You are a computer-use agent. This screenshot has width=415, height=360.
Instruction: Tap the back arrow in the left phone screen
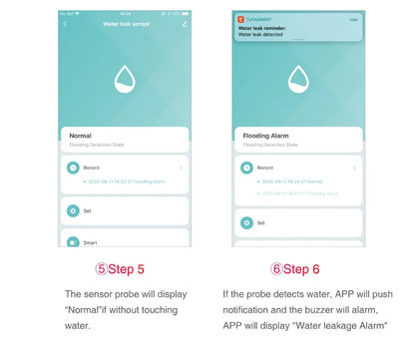point(66,22)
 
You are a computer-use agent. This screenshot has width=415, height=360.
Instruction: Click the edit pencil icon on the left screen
point(186,22)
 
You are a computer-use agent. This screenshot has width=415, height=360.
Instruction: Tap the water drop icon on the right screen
point(295,79)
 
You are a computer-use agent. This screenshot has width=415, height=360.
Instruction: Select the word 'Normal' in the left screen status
point(81,135)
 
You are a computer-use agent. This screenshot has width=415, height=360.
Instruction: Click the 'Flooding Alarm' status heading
point(265,135)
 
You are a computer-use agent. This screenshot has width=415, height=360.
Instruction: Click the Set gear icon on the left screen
point(72,211)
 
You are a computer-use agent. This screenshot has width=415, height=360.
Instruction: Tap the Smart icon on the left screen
point(72,241)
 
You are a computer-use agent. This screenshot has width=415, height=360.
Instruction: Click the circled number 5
point(102,270)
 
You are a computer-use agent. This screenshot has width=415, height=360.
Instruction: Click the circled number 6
point(276,270)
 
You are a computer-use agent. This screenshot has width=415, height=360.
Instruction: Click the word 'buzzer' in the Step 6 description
point(325,310)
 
